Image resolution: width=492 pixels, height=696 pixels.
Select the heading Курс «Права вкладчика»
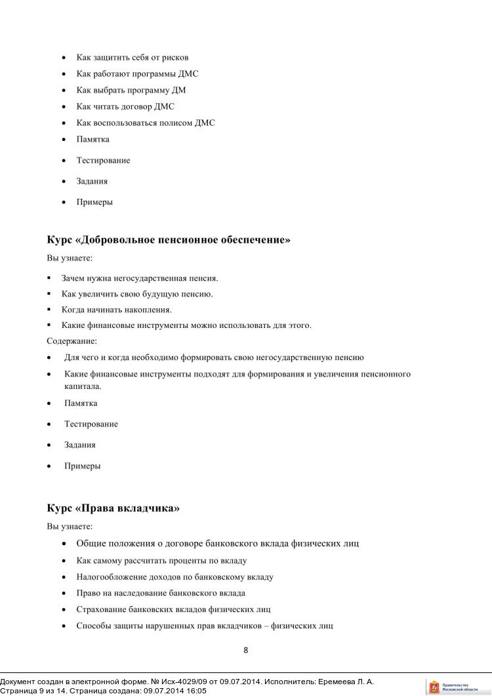click(113, 508)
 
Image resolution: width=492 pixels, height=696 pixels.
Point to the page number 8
click(245, 651)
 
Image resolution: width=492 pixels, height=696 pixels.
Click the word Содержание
click(72, 341)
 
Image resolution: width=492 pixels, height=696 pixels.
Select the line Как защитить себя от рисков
click(133, 58)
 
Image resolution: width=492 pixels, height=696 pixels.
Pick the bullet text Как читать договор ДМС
click(125, 106)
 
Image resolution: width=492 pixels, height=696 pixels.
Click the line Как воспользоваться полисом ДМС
click(146, 123)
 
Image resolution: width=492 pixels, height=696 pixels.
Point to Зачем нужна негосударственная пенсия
click(140, 278)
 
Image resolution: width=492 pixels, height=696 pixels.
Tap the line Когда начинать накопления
click(117, 310)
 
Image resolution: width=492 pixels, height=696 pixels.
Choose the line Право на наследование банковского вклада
click(161, 593)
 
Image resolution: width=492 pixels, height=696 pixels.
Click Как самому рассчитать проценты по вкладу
click(161, 561)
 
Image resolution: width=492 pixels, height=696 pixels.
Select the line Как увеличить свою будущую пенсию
click(137, 294)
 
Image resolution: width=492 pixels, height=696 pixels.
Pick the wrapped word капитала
click(83, 387)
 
